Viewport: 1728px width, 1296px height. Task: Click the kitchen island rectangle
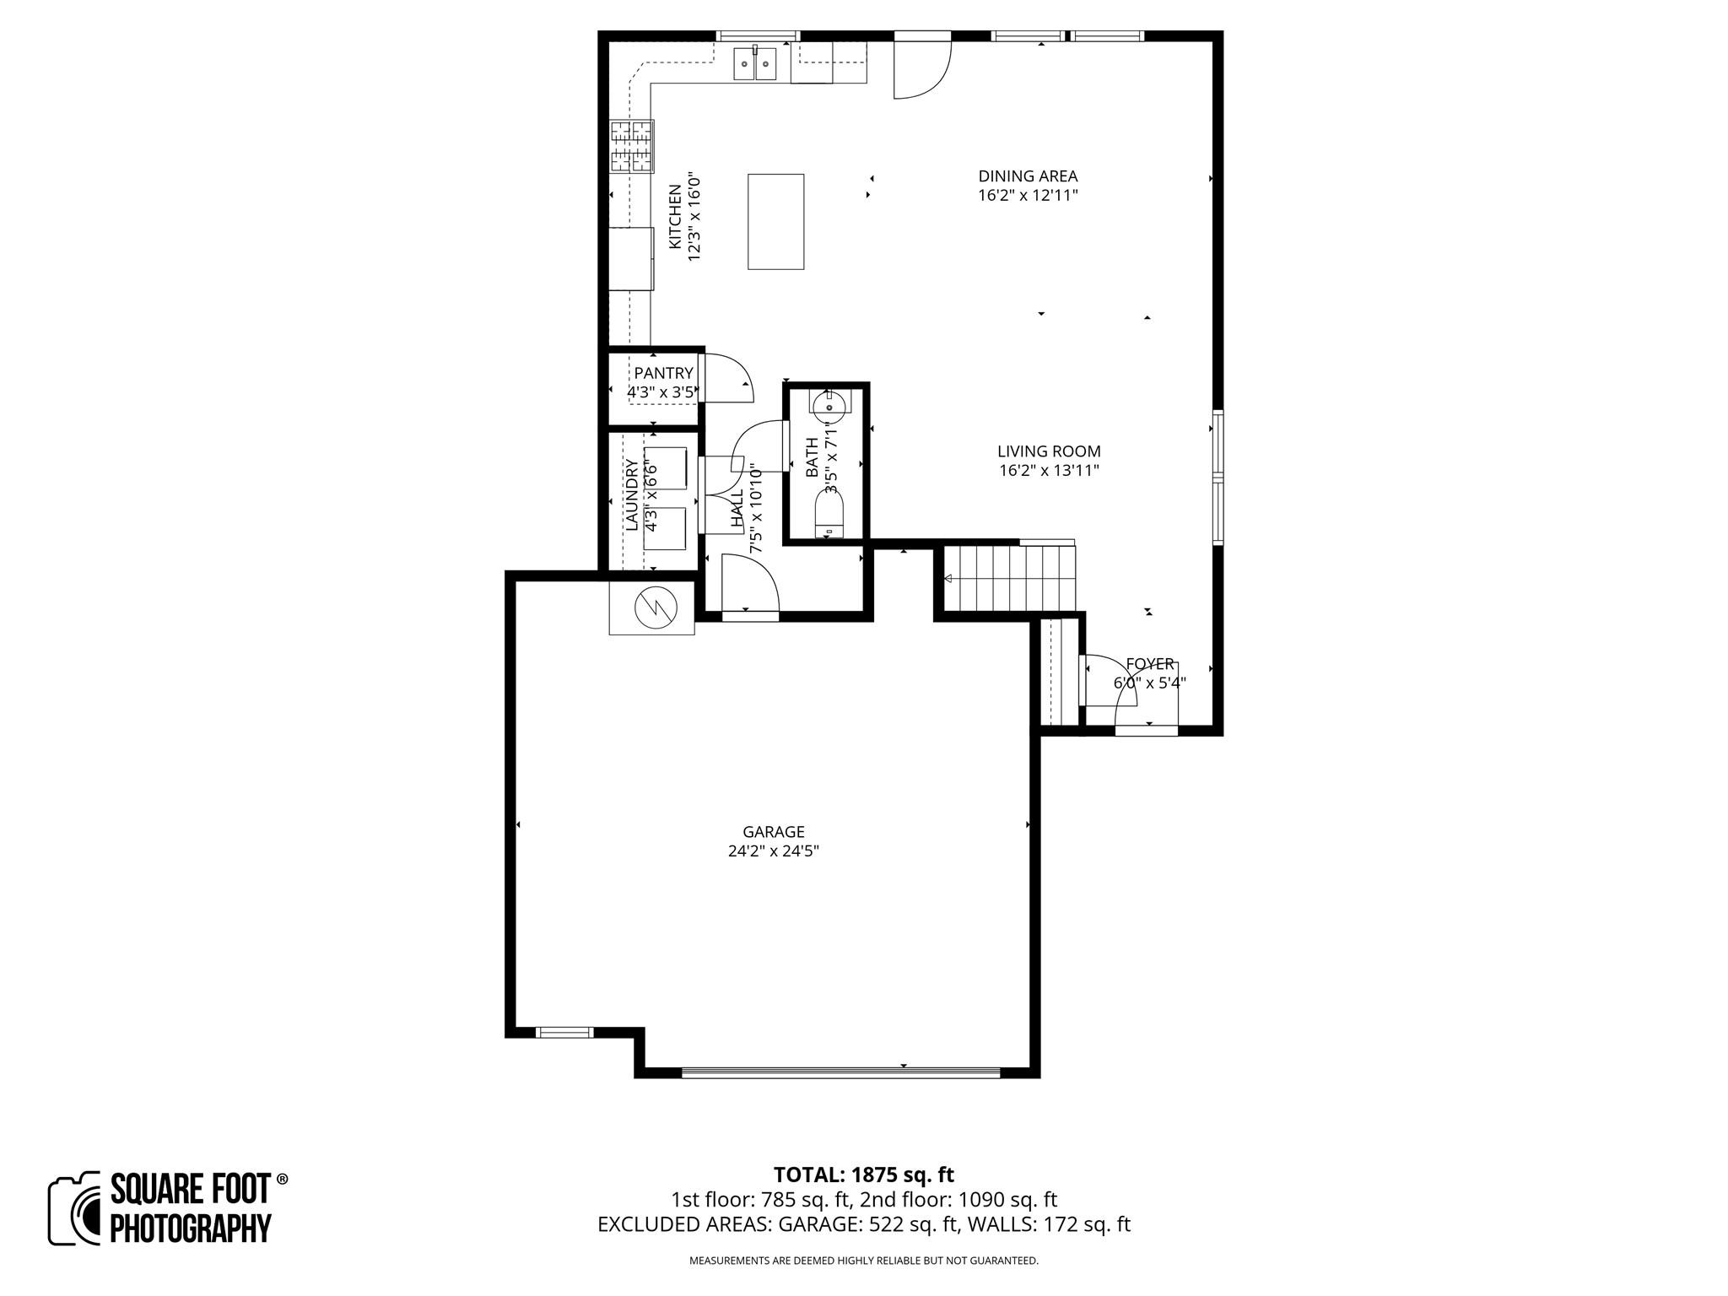775,221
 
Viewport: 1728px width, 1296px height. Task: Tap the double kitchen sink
754,64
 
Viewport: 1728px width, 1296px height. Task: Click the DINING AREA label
1028,176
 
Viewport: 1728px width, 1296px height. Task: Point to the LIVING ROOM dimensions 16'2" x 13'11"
1049,471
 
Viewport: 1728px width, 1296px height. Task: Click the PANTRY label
663,373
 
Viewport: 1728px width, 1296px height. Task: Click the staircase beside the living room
1009,578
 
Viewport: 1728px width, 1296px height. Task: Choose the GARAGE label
773,832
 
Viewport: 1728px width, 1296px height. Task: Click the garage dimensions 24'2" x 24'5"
773,851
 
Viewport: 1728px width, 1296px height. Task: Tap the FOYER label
1149,664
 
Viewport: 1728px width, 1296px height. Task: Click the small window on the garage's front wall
564,1032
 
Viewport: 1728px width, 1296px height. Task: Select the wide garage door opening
840,1073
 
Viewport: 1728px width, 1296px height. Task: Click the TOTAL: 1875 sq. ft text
863,1174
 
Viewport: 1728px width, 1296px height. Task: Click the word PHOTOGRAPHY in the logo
191,1228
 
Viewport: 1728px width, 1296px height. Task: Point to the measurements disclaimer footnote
863,1261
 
